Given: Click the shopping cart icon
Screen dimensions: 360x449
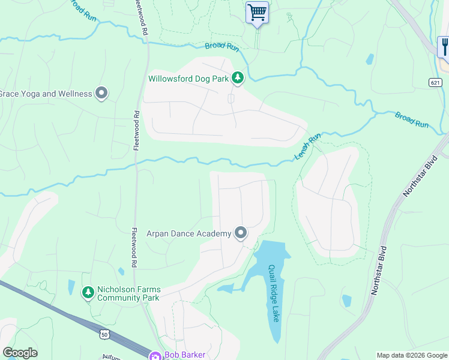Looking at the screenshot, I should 257,12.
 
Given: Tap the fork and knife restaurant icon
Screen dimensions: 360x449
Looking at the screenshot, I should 445,46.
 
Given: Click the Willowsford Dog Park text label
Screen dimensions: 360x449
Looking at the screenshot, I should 188,79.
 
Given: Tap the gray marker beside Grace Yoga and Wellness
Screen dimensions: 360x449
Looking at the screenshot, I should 101,94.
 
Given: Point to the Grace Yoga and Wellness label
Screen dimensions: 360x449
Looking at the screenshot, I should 46,94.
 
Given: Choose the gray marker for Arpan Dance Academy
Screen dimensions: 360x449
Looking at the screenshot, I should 241,233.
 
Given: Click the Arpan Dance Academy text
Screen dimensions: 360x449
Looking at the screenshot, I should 189,233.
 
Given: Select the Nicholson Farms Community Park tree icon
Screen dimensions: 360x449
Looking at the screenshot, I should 88,292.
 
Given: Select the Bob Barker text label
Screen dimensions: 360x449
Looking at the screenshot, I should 185,355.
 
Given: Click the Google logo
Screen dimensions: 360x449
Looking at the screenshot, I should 20,352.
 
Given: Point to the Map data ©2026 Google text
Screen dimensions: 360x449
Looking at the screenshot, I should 412,355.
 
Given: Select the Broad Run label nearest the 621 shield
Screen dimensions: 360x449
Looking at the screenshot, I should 412,119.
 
